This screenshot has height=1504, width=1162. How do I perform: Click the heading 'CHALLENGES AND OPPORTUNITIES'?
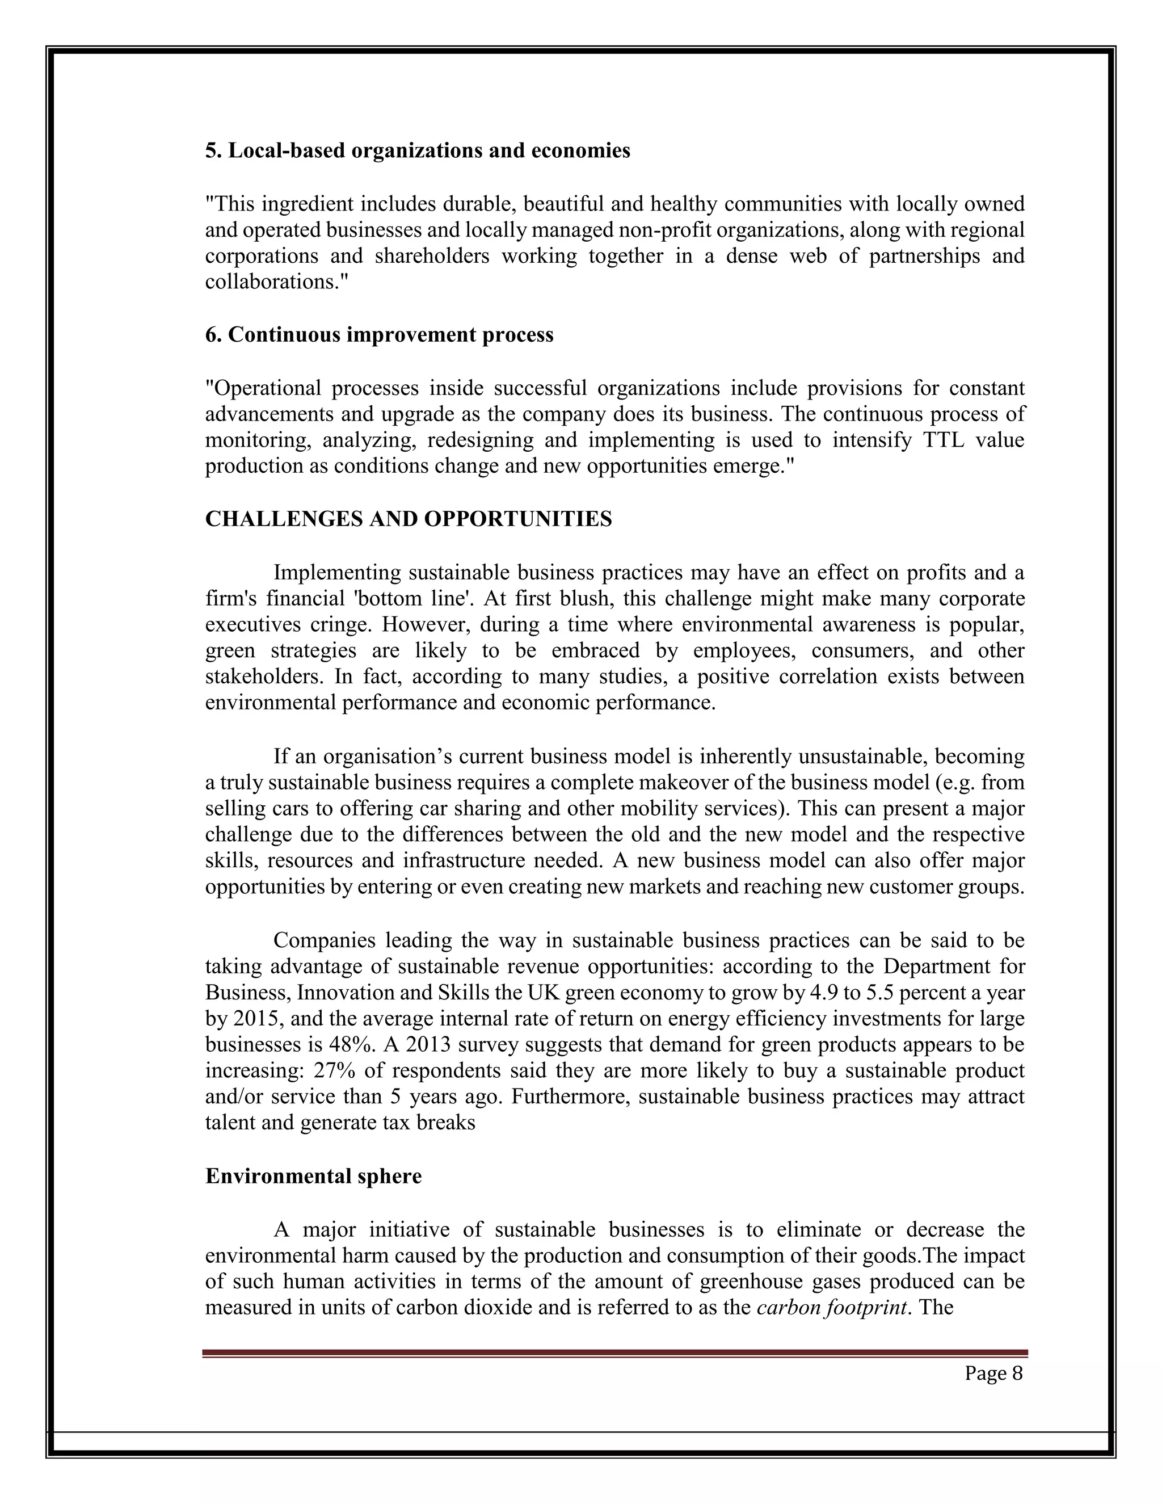tap(408, 519)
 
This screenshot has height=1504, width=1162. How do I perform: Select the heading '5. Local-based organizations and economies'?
tap(417, 151)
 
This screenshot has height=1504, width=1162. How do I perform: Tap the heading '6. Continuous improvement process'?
tap(380, 335)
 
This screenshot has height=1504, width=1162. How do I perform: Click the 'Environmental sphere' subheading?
tap(313, 1175)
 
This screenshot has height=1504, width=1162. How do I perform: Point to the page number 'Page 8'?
tap(993, 1373)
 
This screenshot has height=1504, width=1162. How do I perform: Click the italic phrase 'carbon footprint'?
tap(831, 1307)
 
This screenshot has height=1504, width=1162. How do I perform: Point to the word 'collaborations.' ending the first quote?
tap(277, 282)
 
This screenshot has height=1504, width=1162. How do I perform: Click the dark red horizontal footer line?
tap(614, 1352)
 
